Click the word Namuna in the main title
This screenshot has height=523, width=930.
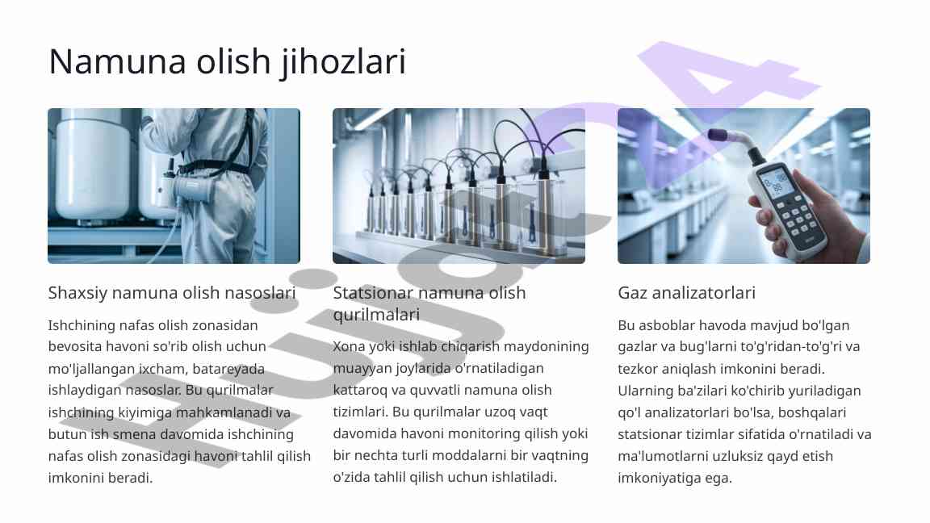(x=117, y=61)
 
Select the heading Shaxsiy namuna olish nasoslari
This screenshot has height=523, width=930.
(x=172, y=293)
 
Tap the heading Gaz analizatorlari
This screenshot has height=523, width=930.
(x=686, y=293)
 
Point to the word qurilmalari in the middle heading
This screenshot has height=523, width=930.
(x=376, y=314)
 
